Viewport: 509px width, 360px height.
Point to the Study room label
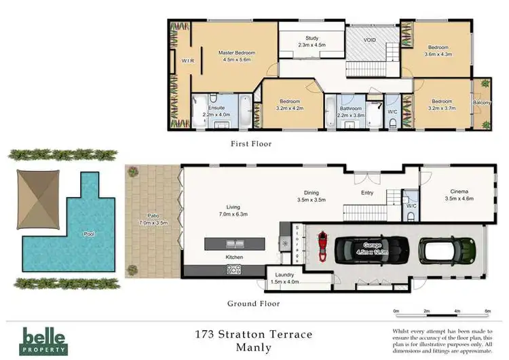click(312, 39)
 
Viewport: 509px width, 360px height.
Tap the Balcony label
click(483, 103)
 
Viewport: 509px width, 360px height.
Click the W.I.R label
click(188, 61)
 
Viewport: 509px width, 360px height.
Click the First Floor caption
click(251, 144)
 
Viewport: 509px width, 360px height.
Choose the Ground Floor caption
click(254, 304)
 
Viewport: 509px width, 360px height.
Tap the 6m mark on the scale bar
click(487, 311)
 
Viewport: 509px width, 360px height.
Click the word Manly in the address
click(252, 348)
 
